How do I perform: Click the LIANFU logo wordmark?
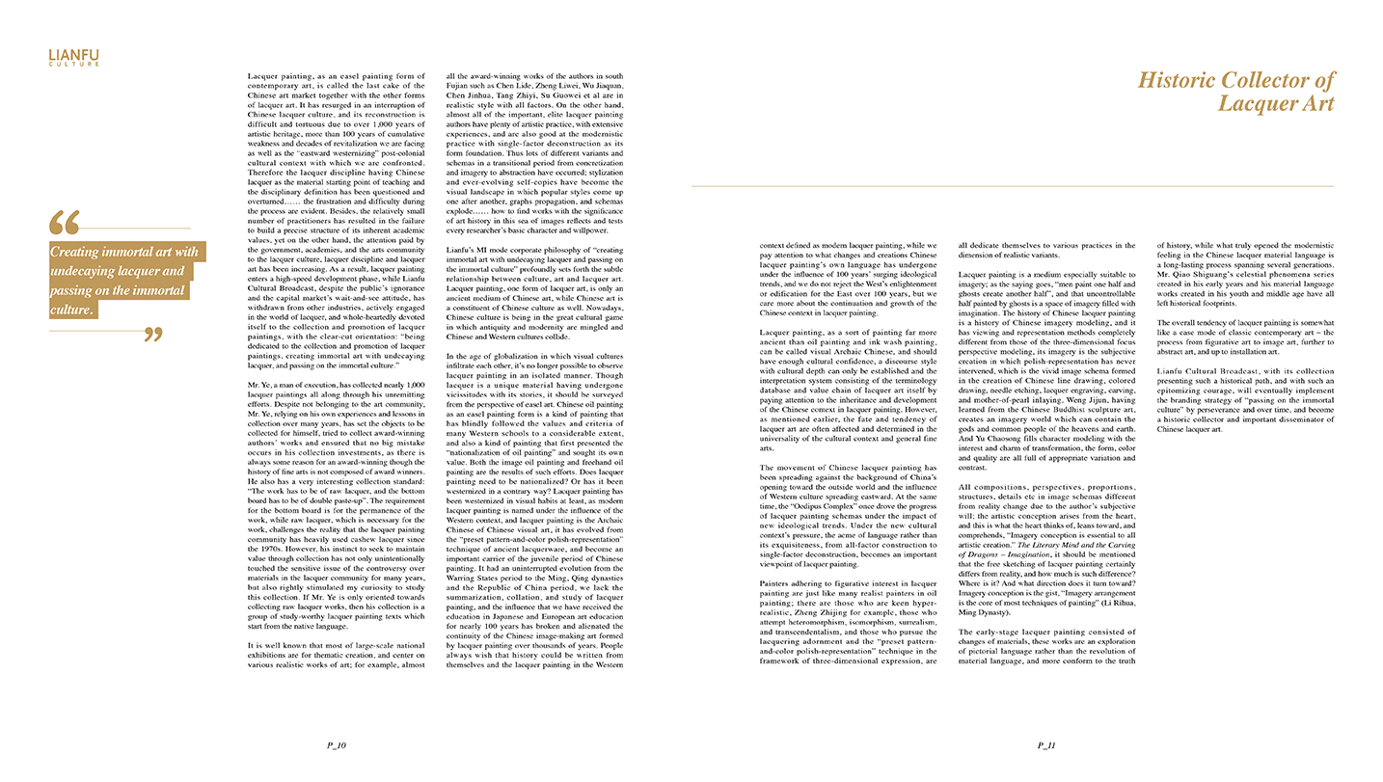pyautogui.click(x=73, y=55)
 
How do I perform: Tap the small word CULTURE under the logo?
pyautogui.click(x=73, y=65)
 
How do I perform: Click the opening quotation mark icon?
pyautogui.click(x=64, y=224)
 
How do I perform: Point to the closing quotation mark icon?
pyautogui.click(x=151, y=335)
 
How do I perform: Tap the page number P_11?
pyautogui.click(x=1045, y=745)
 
